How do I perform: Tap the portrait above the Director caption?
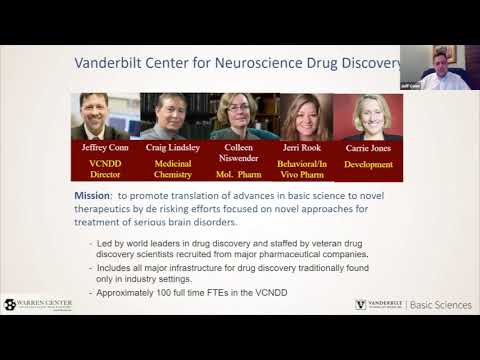[105, 116]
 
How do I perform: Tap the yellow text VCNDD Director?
[105, 169]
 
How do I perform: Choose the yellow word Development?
[368, 162]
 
